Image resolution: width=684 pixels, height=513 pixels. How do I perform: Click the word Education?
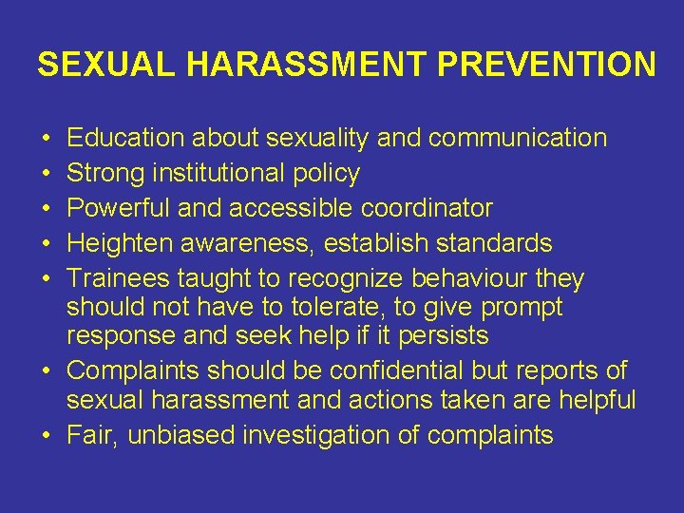point(126,138)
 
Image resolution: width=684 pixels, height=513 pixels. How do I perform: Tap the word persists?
point(443,335)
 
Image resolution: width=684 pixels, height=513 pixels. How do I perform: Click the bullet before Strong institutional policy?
point(47,174)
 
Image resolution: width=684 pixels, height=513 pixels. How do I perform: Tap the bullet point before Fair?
point(47,436)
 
